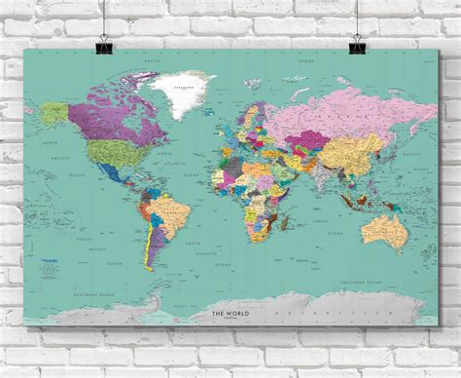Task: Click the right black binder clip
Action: [357, 45]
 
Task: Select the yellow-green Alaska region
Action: [56, 114]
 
